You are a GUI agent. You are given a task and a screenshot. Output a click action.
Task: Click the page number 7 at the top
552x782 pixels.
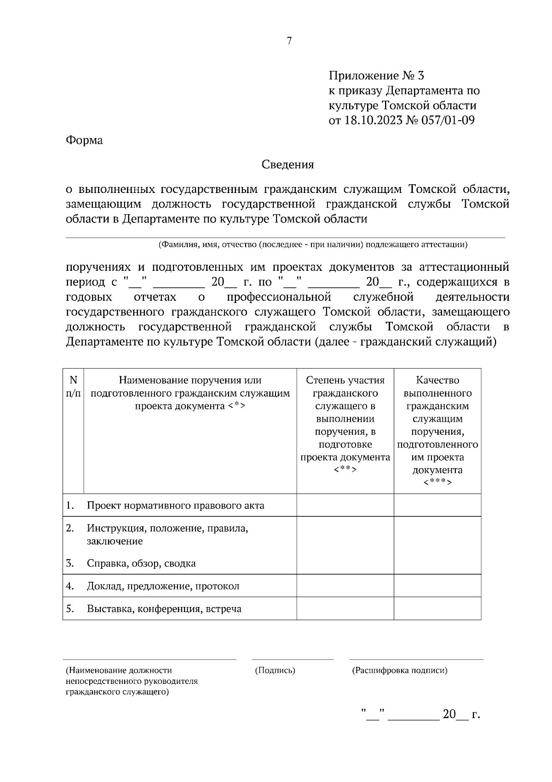(x=289, y=41)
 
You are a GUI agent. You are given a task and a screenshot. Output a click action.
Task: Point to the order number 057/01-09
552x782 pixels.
(x=445, y=120)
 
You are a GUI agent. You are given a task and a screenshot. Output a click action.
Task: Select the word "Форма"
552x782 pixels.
(x=84, y=140)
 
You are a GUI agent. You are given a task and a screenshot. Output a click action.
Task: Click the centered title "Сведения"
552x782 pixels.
(x=287, y=164)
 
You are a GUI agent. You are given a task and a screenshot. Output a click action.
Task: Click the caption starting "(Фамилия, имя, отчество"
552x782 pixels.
(x=313, y=245)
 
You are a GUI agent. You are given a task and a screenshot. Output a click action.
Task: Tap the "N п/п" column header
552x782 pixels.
(x=73, y=386)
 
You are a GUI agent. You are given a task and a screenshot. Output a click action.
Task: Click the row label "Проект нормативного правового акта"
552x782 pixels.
(x=175, y=506)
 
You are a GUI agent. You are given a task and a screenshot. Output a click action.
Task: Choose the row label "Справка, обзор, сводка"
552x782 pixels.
(x=141, y=563)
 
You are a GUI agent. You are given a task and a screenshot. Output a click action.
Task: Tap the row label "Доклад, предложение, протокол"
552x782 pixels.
(x=163, y=586)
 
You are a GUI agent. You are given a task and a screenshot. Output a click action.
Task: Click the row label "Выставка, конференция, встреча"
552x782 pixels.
(x=164, y=609)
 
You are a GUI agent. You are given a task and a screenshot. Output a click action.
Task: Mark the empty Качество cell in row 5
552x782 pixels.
(x=437, y=609)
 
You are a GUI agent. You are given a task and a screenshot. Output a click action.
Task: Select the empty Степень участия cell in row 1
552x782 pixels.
(x=345, y=505)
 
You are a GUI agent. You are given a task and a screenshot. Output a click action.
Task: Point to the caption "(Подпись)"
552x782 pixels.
(x=275, y=671)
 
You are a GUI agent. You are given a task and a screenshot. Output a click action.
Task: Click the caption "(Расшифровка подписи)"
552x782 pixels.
(x=399, y=671)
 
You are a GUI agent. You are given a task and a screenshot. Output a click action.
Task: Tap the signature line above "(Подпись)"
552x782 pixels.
(x=293, y=659)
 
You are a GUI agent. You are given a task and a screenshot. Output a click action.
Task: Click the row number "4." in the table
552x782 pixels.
(x=70, y=586)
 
